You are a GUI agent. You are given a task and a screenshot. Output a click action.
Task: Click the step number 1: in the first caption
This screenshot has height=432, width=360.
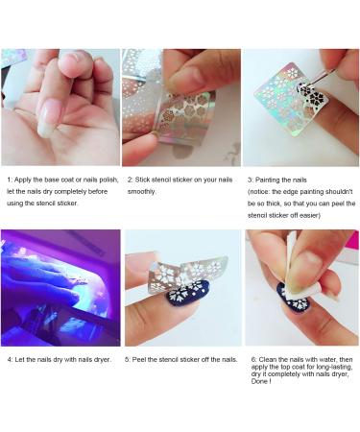point(9,180)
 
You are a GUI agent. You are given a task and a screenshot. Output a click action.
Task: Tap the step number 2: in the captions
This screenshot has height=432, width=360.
point(130,180)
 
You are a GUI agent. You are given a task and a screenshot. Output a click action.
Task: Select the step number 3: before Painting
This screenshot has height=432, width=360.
point(251,180)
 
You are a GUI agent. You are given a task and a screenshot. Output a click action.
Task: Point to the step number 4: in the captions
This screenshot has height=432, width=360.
point(9,359)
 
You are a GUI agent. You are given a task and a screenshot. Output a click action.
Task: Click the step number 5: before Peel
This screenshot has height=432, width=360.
point(130,359)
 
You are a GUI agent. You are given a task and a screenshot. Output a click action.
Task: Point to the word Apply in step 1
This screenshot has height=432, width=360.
point(25,180)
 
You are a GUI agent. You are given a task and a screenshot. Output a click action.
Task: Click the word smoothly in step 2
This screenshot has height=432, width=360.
point(144,191)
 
